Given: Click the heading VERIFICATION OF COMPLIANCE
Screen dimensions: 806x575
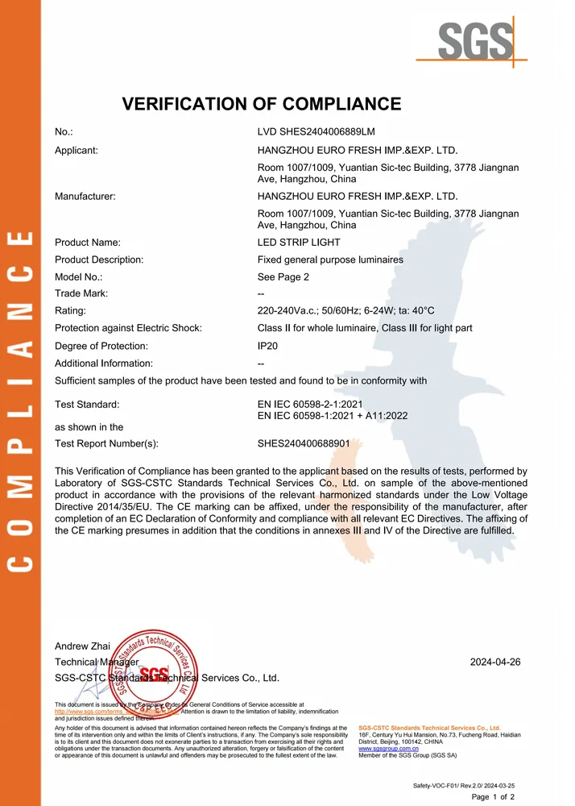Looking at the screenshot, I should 261,103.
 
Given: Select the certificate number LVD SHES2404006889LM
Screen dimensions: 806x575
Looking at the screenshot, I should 316,131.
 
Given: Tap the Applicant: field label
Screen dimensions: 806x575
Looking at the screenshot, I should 77,150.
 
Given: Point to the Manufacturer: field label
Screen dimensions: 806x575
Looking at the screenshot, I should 85,196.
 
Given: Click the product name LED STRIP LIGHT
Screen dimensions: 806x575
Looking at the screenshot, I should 299,243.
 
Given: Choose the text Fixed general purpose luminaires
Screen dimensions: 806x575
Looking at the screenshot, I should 330,260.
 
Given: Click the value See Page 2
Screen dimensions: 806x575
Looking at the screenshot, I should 283,276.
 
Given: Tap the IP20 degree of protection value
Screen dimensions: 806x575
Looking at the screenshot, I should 269,346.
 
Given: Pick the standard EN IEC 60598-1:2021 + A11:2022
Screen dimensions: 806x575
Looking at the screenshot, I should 333,415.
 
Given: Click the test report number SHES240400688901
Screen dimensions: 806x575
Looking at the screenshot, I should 303,443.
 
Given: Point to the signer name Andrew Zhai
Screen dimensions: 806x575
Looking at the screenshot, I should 82,646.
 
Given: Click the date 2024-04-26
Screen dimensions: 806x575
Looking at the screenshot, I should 495,662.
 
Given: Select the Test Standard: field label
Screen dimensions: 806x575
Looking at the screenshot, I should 87,404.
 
